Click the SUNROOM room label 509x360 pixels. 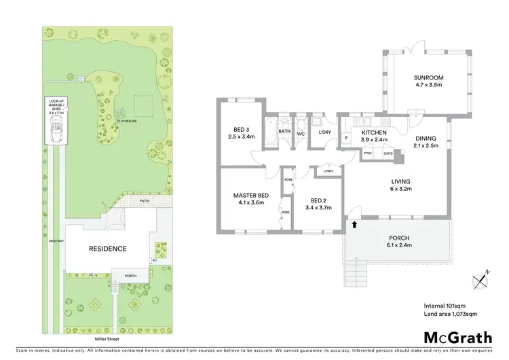[x=428, y=78]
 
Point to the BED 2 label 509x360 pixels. [x=319, y=200]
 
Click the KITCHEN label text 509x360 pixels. [x=374, y=132]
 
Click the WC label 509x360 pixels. [x=300, y=133]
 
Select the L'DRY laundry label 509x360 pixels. [x=324, y=132]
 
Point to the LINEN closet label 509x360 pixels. [x=328, y=170]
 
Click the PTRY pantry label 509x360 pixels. [x=368, y=154]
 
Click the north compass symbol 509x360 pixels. [x=480, y=277]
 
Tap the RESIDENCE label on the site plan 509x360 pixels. [x=107, y=249]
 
